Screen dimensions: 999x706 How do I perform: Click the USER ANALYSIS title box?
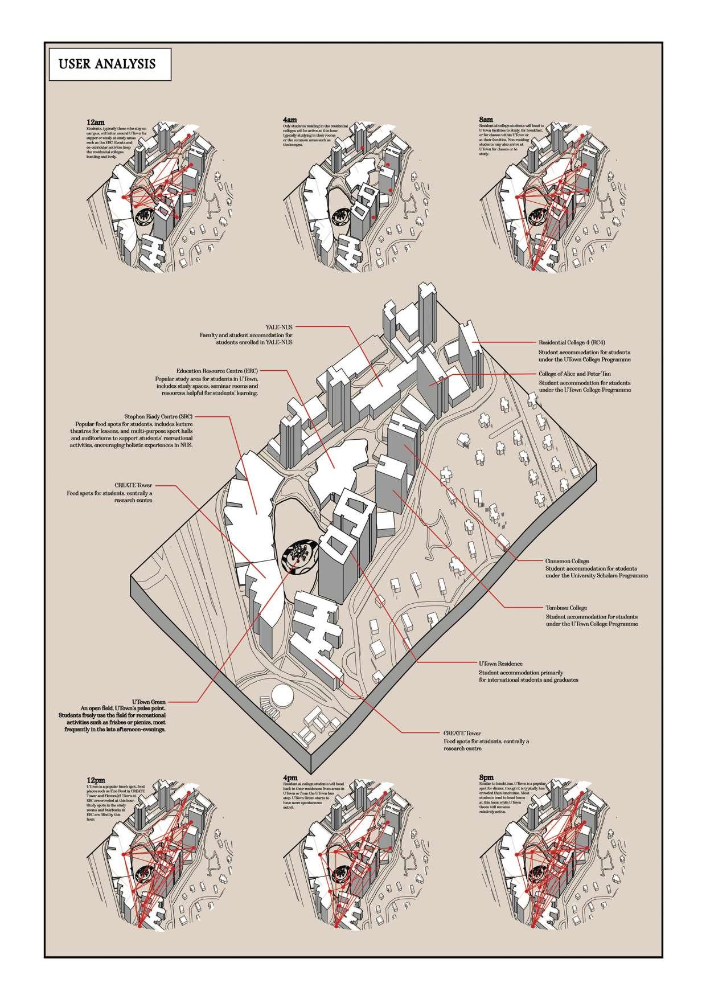[x=106, y=64]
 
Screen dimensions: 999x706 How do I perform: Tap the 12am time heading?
[x=88, y=122]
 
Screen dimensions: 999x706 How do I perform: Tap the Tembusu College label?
[x=567, y=608]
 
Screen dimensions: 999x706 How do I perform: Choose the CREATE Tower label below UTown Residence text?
[x=462, y=733]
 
